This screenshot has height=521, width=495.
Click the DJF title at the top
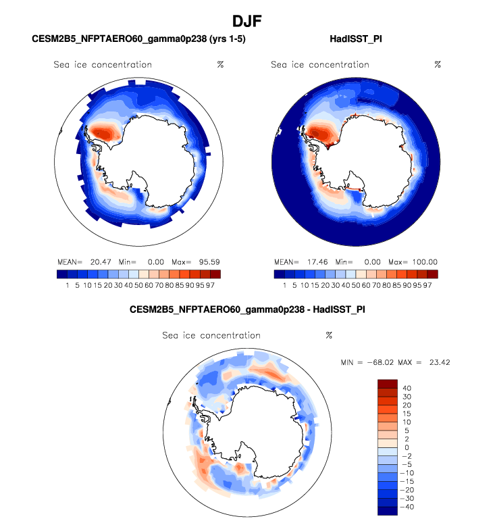[246, 21]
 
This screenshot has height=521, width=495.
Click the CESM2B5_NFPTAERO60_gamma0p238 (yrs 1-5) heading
[138, 40]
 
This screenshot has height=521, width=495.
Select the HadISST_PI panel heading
[355, 40]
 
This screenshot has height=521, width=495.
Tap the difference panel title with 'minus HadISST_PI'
[246, 310]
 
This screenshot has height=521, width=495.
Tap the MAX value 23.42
[438, 363]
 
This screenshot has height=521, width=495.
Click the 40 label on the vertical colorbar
[407, 389]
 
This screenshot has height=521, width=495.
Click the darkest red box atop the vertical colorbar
[387, 384]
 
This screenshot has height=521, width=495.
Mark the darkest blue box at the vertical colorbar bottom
[387, 511]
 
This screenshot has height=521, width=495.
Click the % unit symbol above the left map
[220, 65]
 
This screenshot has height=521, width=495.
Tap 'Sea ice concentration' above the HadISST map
[320, 65]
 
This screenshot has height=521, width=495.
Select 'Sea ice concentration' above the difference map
[211, 335]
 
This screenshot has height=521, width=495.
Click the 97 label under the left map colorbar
[215, 285]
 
